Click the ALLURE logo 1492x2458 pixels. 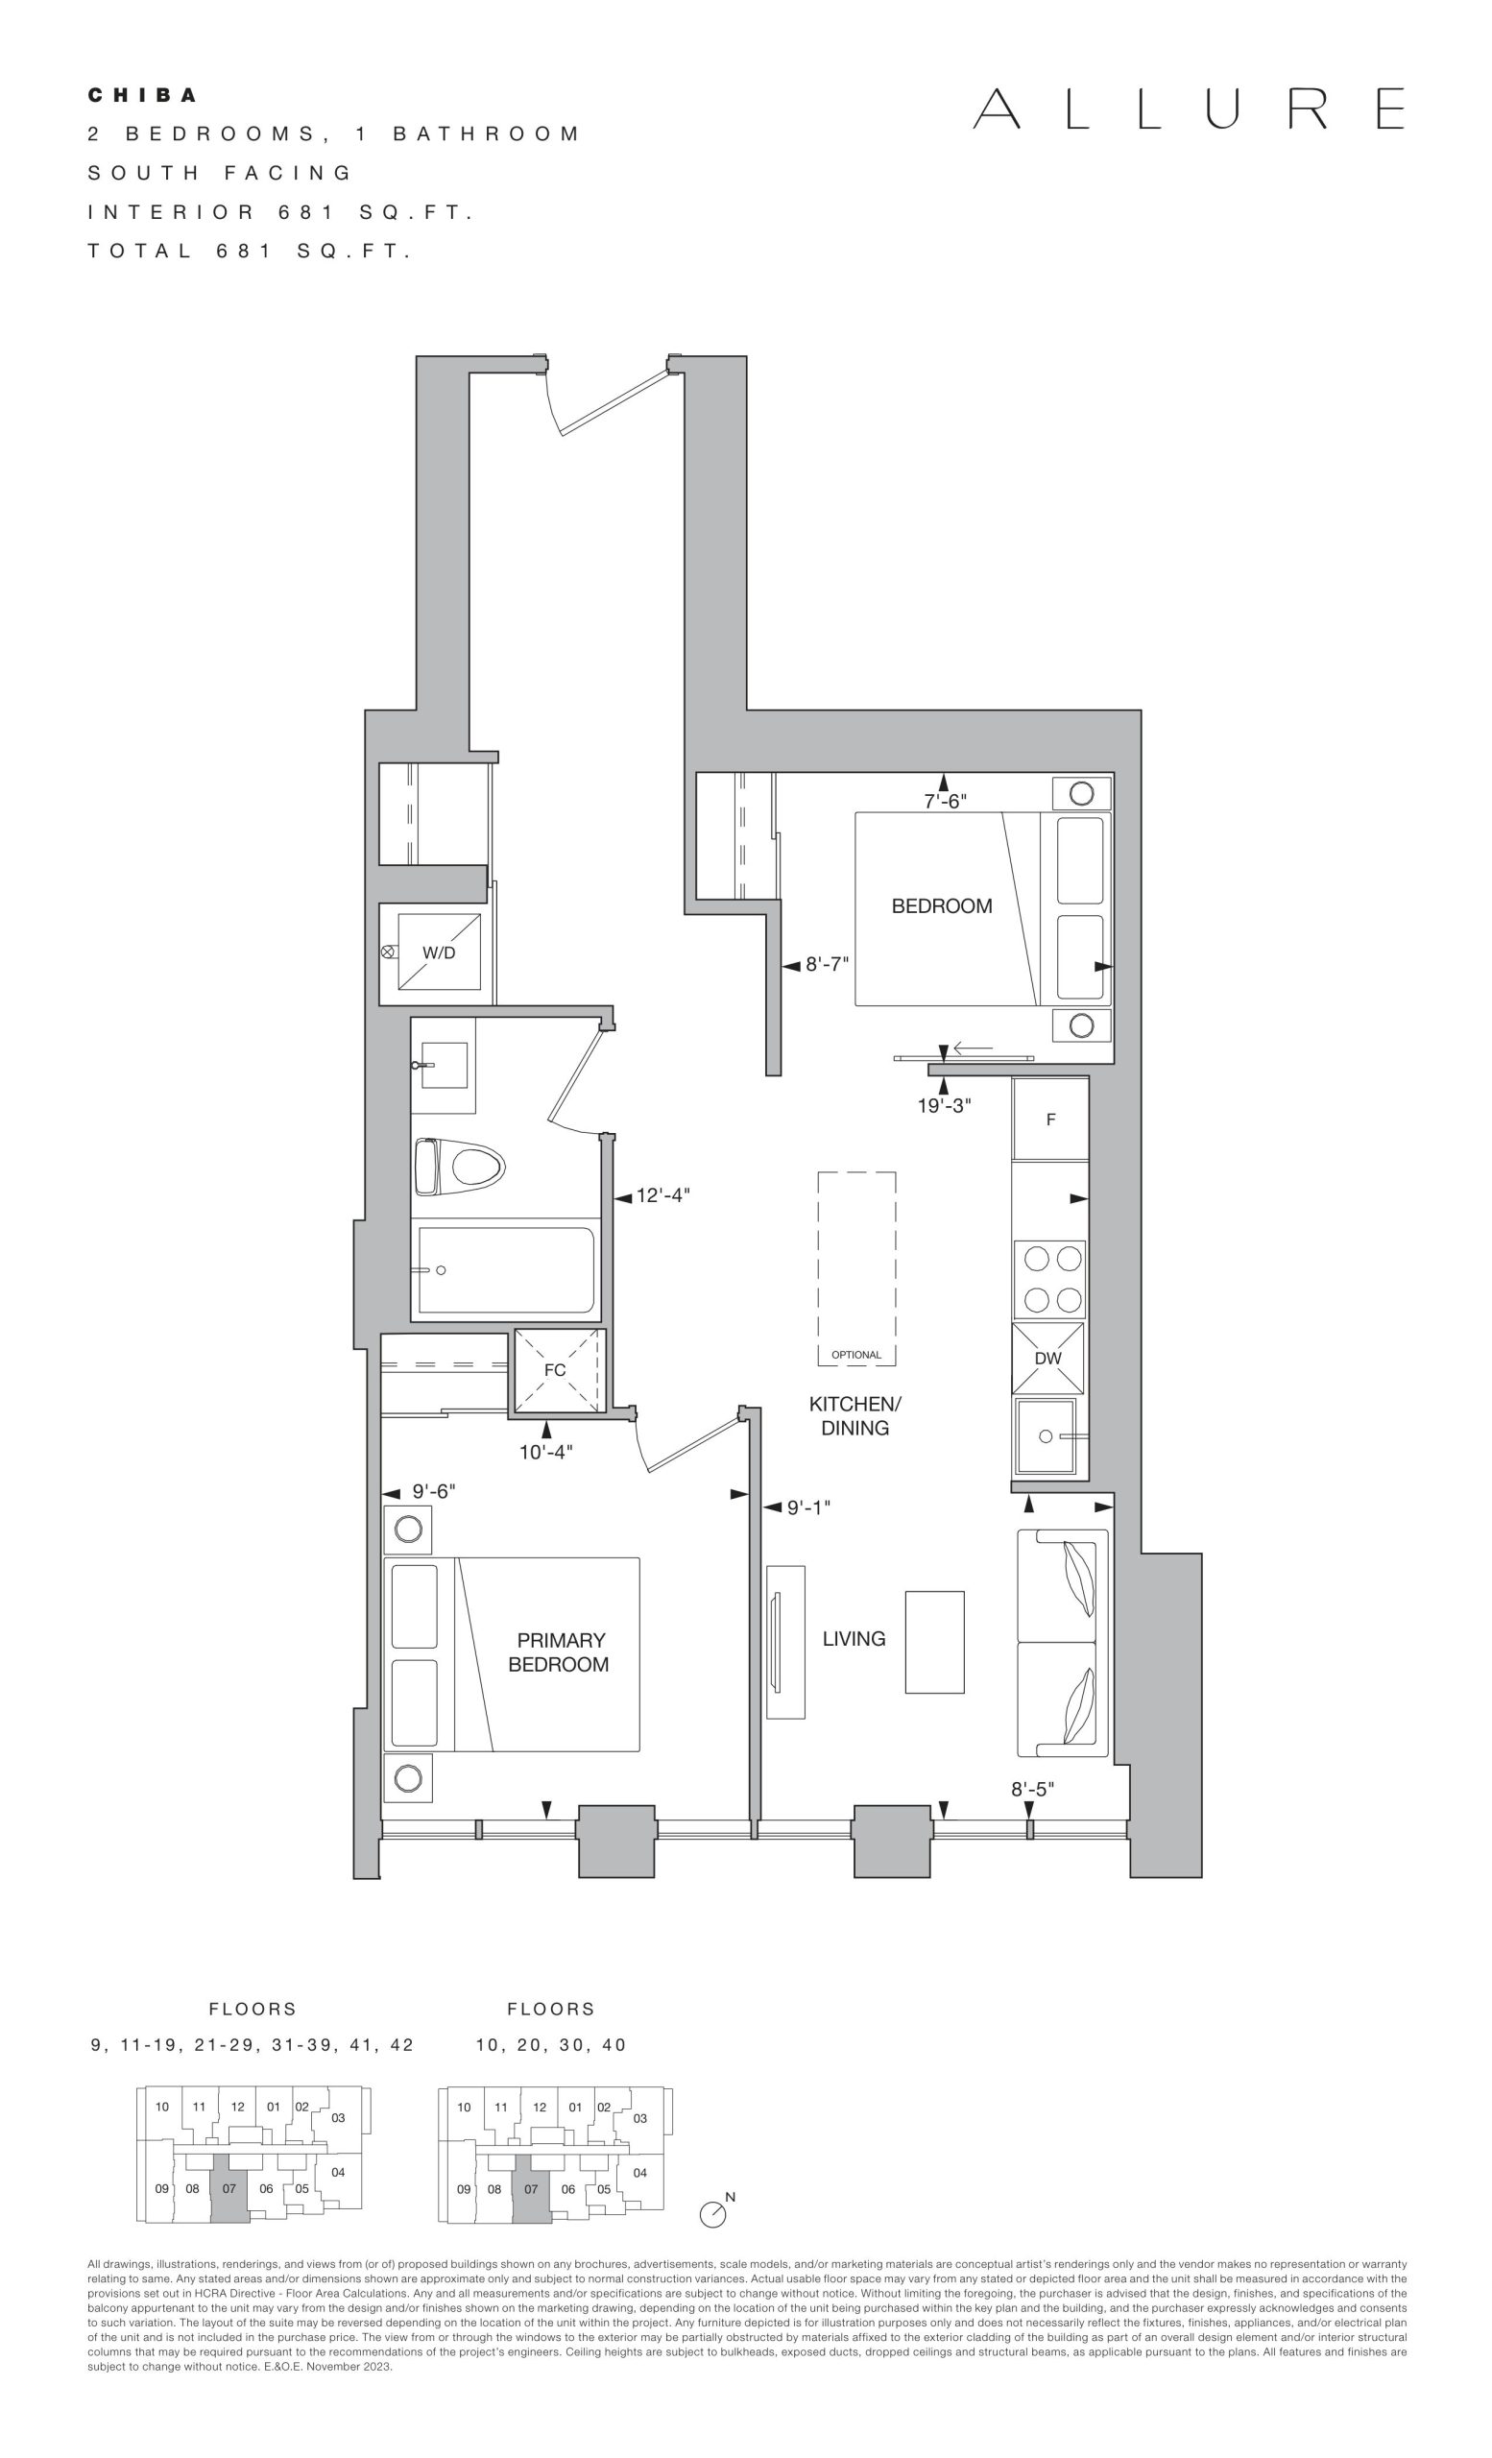pyautogui.click(x=1188, y=108)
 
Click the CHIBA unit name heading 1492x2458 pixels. pyautogui.click(x=143, y=96)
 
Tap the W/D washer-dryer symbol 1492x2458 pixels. pyautogui.click(x=439, y=952)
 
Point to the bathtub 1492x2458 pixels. pyautogui.click(x=506, y=1270)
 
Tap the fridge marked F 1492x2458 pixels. pyautogui.click(x=1050, y=1120)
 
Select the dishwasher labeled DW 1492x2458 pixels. pyautogui.click(x=1048, y=1358)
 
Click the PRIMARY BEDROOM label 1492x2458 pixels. pyautogui.click(x=560, y=1652)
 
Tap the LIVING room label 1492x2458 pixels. pyautogui.click(x=854, y=1638)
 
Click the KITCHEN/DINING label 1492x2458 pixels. pyautogui.click(x=854, y=1415)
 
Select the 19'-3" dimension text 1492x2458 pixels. pyautogui.click(x=944, y=1105)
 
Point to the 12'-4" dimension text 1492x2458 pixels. pyautogui.click(x=663, y=1195)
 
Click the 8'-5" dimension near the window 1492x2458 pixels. pyautogui.click(x=1032, y=1789)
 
